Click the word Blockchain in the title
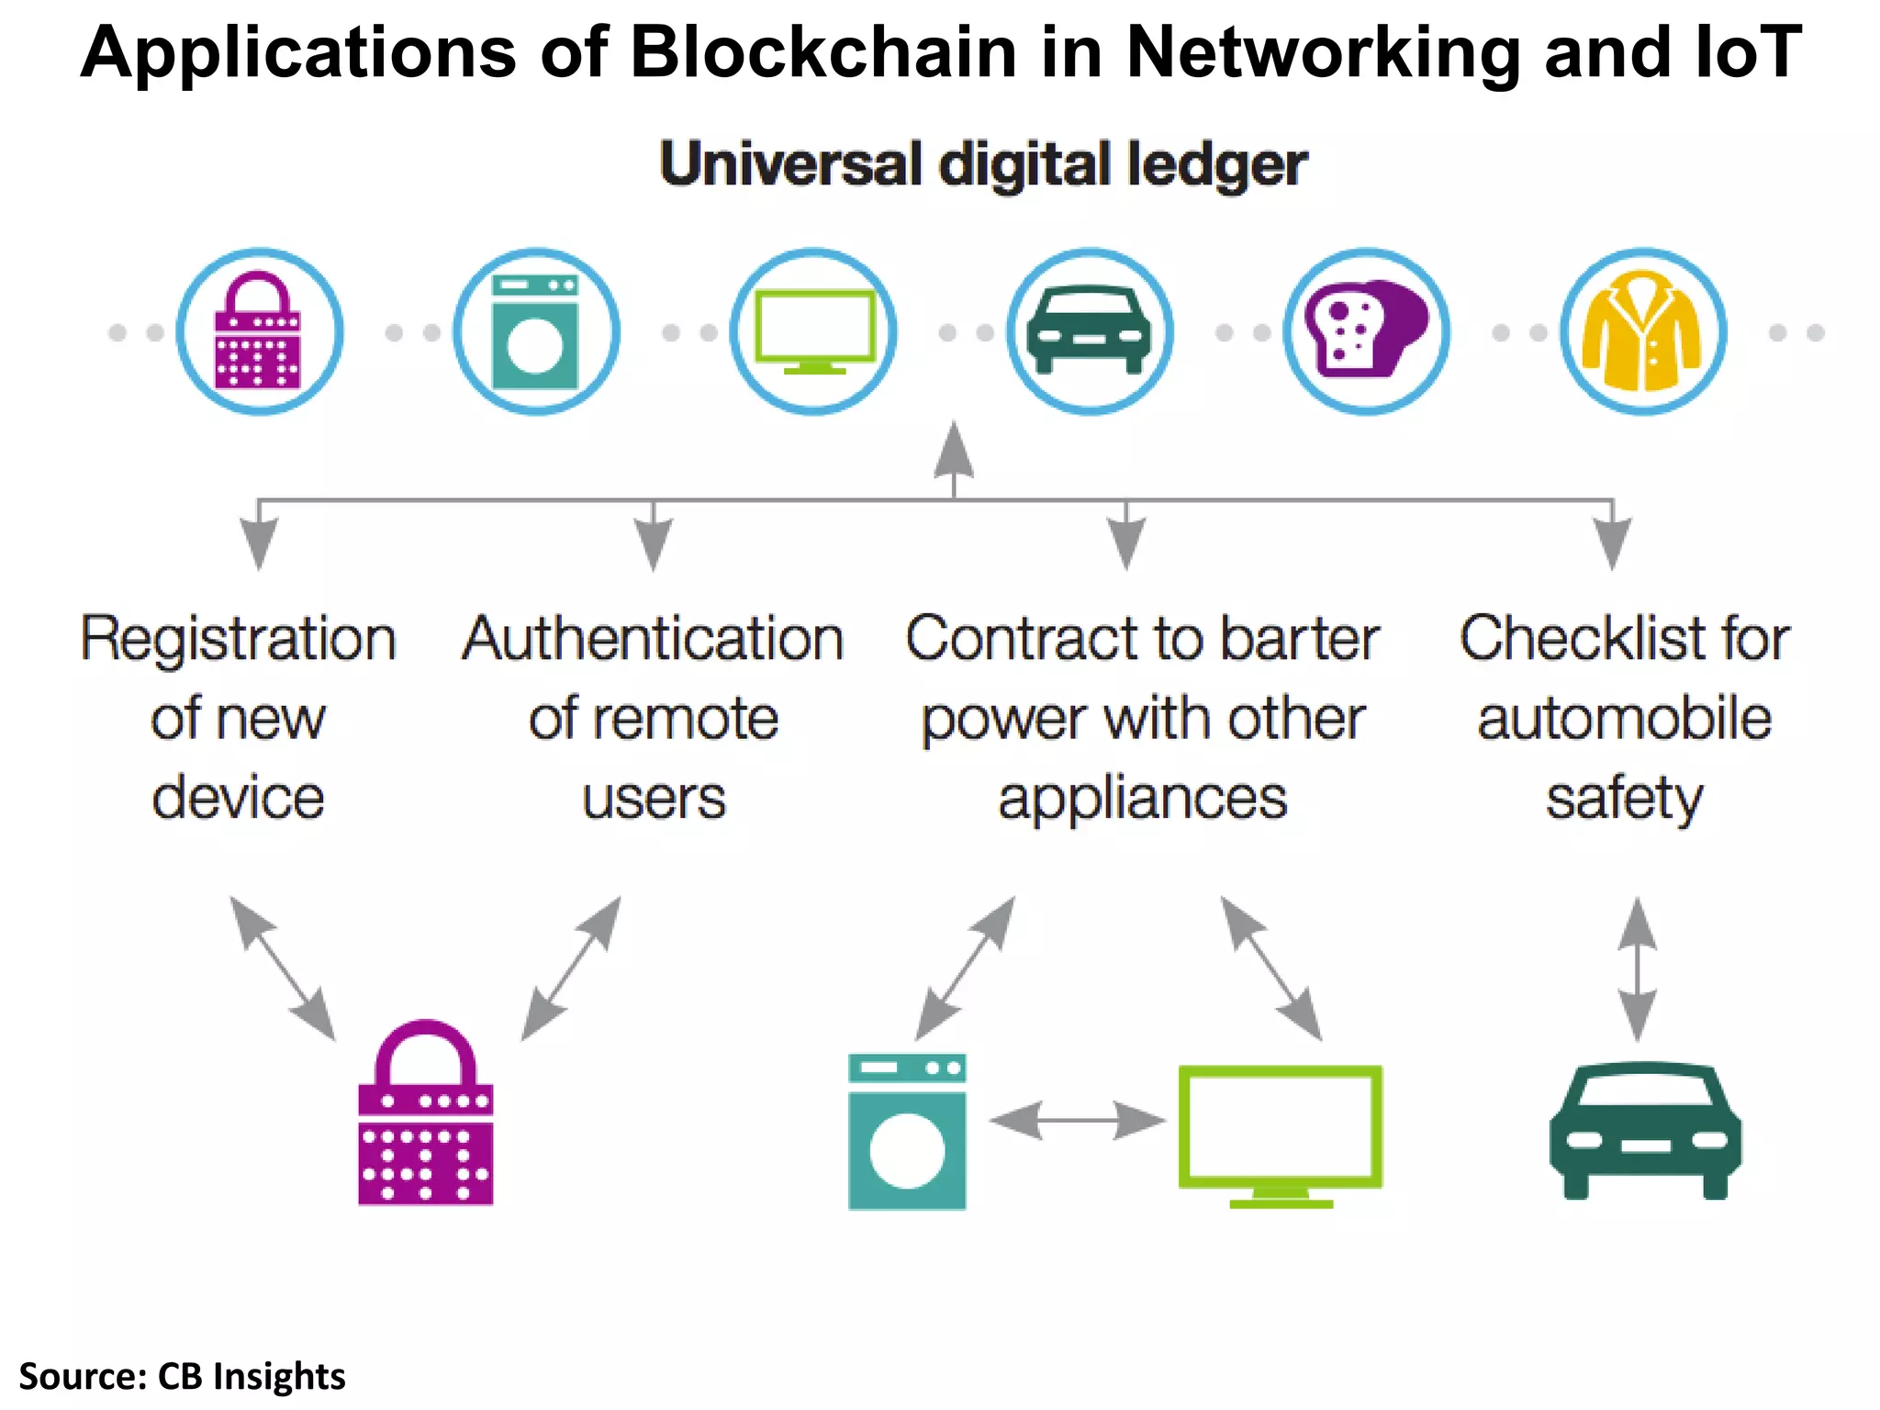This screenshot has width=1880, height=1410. (x=822, y=52)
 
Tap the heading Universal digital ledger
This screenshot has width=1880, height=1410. (x=983, y=165)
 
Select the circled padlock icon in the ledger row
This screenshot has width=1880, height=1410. (x=260, y=331)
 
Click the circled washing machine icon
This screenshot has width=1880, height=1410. (x=537, y=331)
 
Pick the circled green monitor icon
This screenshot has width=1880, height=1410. (x=813, y=331)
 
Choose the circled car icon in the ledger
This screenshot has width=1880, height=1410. (x=1090, y=331)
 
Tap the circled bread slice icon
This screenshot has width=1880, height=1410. (x=1366, y=331)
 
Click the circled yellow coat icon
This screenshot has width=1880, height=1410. (x=1643, y=331)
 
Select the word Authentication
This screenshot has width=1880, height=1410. (x=653, y=639)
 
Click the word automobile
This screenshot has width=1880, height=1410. (x=1624, y=719)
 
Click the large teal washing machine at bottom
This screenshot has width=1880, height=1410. (x=907, y=1131)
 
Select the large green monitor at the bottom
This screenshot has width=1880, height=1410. (x=1281, y=1135)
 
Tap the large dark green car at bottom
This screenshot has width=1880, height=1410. (x=1645, y=1131)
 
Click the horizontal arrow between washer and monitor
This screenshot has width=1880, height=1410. (x=1077, y=1121)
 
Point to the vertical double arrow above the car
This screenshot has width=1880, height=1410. (x=1638, y=969)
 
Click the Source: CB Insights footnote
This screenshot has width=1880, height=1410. (x=182, y=1376)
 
